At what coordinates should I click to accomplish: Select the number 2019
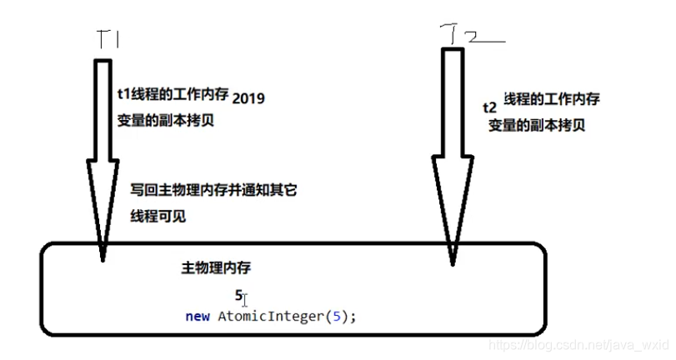click(x=248, y=97)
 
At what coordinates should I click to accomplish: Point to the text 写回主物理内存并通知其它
click(x=213, y=191)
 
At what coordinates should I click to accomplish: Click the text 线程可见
click(x=158, y=216)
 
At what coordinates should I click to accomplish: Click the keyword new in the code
click(x=198, y=317)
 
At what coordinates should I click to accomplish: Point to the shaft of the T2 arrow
click(x=451, y=100)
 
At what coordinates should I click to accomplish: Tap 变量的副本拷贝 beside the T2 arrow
click(x=536, y=125)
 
